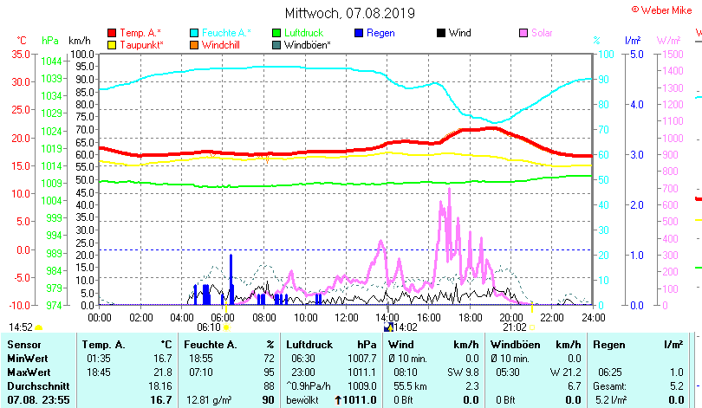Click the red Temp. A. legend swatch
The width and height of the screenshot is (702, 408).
pyautogui.click(x=112, y=33)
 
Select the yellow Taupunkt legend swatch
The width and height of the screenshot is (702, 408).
pyautogui.click(x=112, y=44)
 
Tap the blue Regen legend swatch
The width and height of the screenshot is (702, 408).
pyautogui.click(x=359, y=33)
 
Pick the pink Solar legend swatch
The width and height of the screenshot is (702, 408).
pyautogui.click(x=523, y=33)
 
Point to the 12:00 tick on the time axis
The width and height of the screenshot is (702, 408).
pyautogui.click(x=346, y=317)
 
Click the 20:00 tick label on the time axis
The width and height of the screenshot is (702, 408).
pyautogui.click(x=510, y=317)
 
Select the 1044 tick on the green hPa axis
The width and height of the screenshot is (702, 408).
pyautogui.click(x=51, y=61)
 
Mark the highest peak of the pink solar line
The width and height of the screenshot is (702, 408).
pyautogui.click(x=449, y=189)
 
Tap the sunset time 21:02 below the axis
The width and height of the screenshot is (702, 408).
pyautogui.click(x=515, y=327)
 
